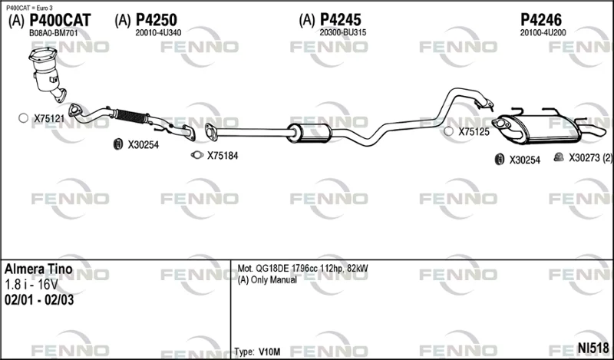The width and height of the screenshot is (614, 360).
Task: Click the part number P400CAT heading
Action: (x=61, y=20)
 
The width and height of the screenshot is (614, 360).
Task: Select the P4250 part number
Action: (x=157, y=20)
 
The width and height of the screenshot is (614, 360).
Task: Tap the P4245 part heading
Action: (x=341, y=20)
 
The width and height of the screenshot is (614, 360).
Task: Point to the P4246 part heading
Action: (x=541, y=20)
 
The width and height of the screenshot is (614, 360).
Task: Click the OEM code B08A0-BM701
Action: (x=54, y=33)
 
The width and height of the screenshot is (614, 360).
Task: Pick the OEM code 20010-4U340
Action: (x=158, y=33)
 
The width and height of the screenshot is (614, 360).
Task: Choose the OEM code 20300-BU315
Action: (x=342, y=33)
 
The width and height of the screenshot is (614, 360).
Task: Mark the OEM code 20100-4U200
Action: (x=543, y=33)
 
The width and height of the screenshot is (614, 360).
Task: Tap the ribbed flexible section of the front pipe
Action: (x=131, y=117)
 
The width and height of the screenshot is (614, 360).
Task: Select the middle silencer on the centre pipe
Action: (x=309, y=133)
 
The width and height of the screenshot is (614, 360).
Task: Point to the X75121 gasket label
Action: (x=49, y=119)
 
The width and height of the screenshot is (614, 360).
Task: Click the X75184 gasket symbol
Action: (x=197, y=155)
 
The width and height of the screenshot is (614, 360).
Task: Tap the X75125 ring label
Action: (x=474, y=132)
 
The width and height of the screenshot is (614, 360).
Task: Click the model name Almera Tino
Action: (x=38, y=269)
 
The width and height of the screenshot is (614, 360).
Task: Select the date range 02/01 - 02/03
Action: (x=39, y=300)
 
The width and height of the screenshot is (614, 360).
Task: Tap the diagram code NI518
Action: (x=593, y=348)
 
